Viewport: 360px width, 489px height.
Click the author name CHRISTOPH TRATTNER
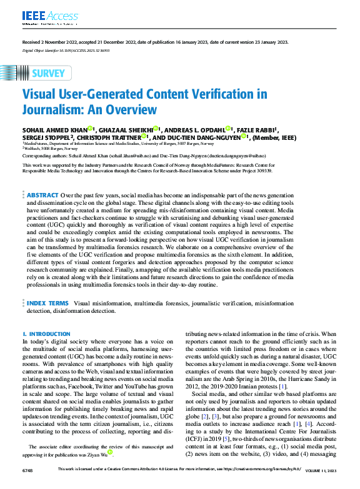111,137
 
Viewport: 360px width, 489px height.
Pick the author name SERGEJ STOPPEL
47,137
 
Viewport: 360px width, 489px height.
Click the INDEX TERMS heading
49,303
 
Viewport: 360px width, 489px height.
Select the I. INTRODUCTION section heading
46,334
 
